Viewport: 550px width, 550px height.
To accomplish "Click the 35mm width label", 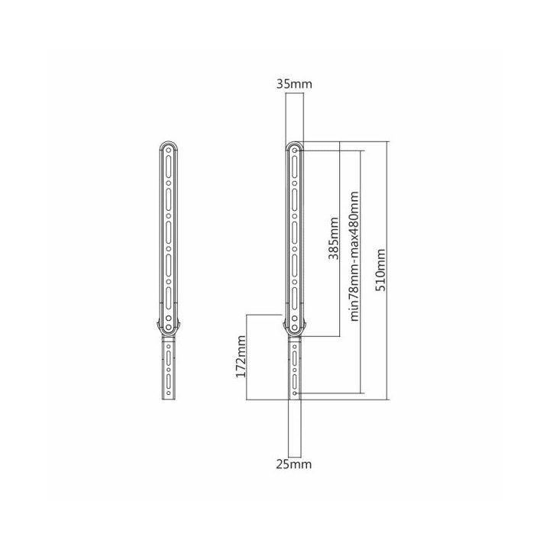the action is [x=294, y=84].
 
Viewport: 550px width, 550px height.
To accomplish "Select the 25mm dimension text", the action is [x=294, y=464].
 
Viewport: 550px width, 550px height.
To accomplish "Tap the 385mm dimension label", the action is [x=334, y=239].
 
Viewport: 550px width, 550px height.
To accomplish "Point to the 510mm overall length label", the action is [x=380, y=270].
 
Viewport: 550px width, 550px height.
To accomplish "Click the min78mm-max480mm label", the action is [x=354, y=256].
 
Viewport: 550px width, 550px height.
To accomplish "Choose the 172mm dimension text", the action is [x=241, y=357].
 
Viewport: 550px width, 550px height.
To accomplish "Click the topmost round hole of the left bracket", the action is [x=168, y=150].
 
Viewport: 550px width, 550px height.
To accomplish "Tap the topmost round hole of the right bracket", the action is [x=295, y=150].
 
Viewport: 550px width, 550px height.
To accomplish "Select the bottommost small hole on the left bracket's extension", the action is [x=168, y=393].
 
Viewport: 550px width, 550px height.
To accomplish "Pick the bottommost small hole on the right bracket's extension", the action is [x=295, y=393].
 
